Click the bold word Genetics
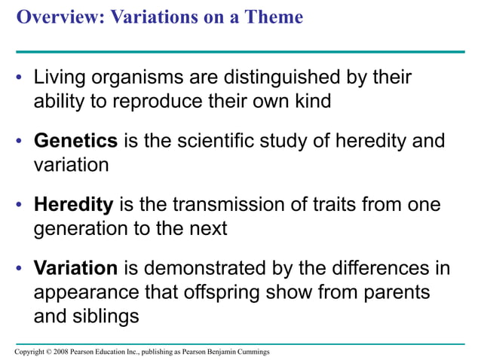pyautogui.click(x=75, y=142)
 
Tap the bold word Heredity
pyautogui.click(x=73, y=205)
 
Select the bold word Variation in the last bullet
pyautogui.click(x=75, y=268)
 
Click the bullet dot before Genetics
pyautogui.click(x=20, y=142)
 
